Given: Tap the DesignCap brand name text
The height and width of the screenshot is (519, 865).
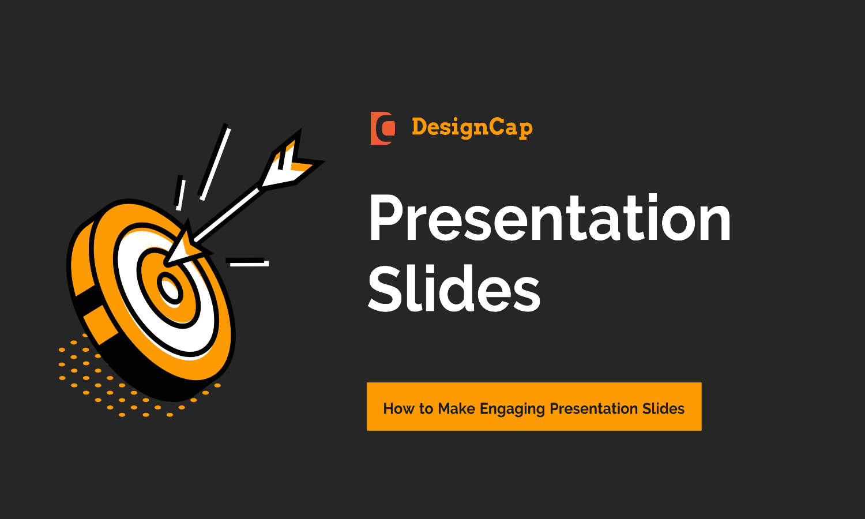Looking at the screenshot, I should point(472,127).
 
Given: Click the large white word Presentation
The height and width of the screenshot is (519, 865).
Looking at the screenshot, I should point(550,219).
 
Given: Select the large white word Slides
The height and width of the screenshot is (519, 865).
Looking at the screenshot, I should point(454,289).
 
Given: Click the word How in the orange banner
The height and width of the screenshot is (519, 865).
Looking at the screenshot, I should point(399,409).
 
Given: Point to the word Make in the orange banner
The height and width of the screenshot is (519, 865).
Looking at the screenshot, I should point(456,409).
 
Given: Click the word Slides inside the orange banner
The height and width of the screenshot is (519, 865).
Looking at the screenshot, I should point(663,409).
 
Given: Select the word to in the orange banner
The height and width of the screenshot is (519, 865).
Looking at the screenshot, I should point(426,409).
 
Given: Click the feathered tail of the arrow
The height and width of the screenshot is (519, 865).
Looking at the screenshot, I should point(291,162).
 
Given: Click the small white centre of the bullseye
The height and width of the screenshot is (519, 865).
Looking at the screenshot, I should point(170,289).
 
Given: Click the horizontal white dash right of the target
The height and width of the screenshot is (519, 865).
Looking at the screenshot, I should point(249,263).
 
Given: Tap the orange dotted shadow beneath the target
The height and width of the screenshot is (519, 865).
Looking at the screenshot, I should point(86,375).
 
